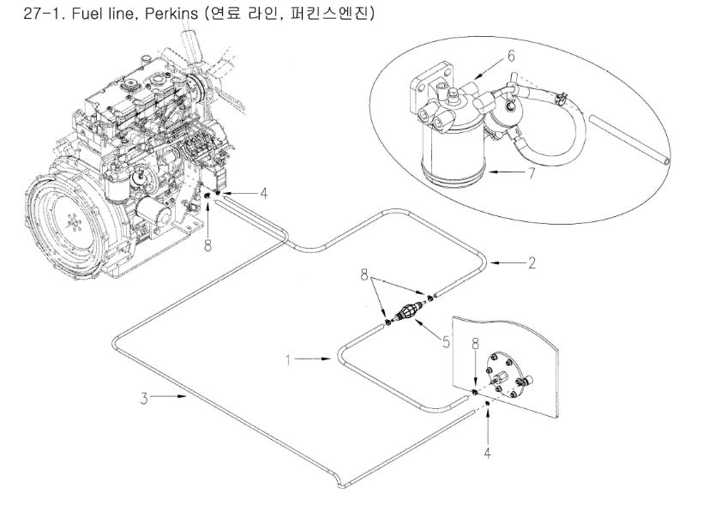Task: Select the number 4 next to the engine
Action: (264, 193)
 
